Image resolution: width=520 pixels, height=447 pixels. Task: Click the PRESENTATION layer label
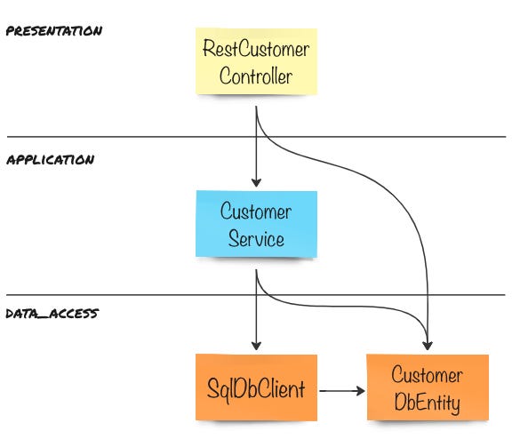point(54,31)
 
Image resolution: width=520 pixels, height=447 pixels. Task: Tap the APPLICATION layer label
point(51,160)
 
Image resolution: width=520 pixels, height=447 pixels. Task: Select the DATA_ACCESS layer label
point(52,314)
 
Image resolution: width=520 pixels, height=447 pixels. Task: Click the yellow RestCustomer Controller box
point(256,61)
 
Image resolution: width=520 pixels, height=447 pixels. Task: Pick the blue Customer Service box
point(256,224)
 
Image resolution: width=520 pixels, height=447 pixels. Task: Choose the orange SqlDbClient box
point(256,387)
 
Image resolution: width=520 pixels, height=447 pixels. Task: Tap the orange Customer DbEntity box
point(428,387)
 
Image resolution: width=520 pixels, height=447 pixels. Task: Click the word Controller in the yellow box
point(256,76)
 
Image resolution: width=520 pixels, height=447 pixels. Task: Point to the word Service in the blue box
point(256,238)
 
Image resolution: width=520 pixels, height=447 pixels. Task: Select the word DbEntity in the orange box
point(428,403)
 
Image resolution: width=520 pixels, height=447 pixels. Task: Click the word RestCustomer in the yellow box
point(256,48)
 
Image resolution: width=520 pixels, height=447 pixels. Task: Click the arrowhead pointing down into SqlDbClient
point(256,346)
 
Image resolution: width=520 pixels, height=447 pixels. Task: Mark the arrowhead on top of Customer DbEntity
point(428,346)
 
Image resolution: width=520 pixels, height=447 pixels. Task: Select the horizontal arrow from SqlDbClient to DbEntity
point(342,391)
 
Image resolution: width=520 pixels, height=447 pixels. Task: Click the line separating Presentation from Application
point(256,137)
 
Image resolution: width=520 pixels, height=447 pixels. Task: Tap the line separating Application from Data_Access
point(256,295)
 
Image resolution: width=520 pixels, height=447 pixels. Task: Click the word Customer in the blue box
point(256,212)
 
